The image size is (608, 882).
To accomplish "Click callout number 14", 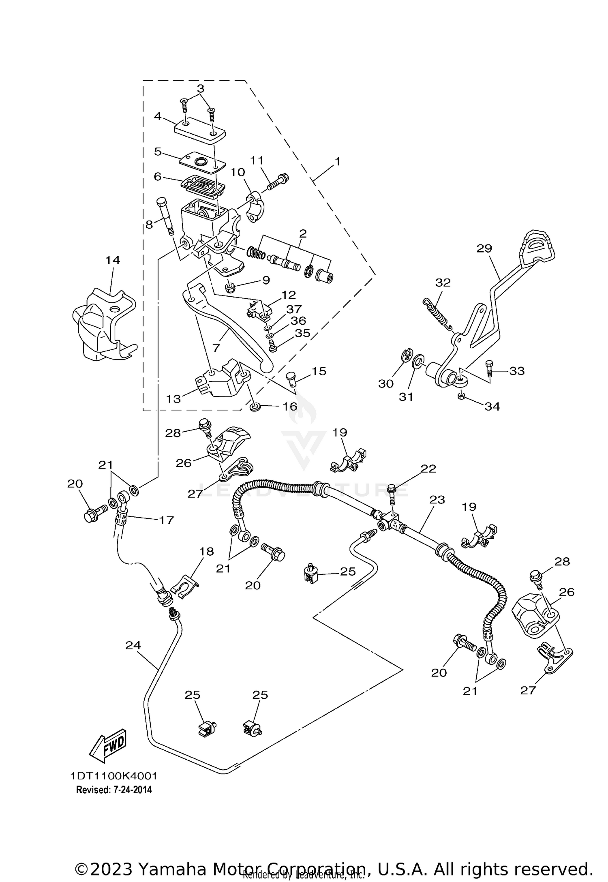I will (x=113, y=260).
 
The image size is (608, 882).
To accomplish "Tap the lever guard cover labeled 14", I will (x=101, y=324).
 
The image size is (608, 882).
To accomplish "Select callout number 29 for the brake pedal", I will (x=484, y=248).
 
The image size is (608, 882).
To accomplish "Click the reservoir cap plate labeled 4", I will (x=200, y=131).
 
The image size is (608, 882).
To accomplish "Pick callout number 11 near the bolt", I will (x=257, y=161).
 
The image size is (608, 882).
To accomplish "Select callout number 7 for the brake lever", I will (x=216, y=348).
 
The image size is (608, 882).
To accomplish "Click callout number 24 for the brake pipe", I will (x=133, y=645).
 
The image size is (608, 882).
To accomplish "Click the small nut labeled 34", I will (x=461, y=396).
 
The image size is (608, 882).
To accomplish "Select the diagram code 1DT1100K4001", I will (x=113, y=776).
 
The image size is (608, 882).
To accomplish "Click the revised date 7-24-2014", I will (x=114, y=790).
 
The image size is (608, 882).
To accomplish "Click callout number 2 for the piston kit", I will (x=303, y=233).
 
